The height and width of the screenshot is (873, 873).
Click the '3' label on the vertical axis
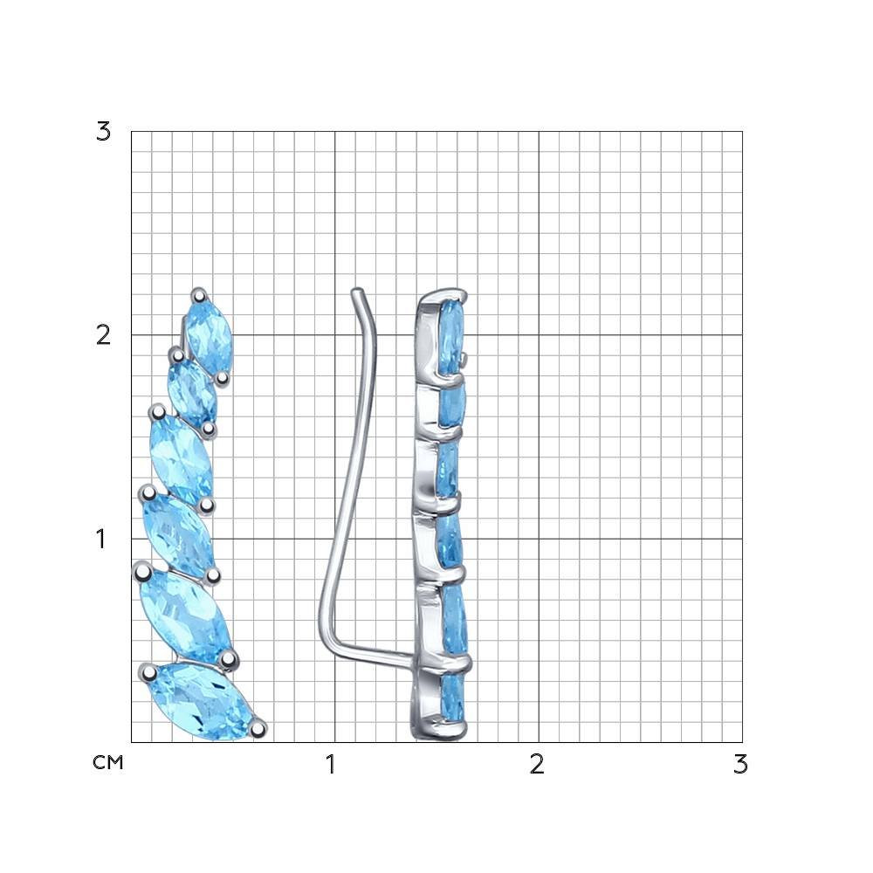click(x=103, y=132)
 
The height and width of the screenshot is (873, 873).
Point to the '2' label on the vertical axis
click(x=103, y=335)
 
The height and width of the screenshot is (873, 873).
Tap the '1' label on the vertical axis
click(x=100, y=539)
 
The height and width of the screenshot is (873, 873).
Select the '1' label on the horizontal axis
click(x=331, y=765)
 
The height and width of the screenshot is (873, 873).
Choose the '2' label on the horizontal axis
click(x=537, y=765)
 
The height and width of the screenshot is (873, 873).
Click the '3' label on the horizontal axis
click(x=740, y=765)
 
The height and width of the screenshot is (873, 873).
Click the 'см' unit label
click(x=108, y=762)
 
